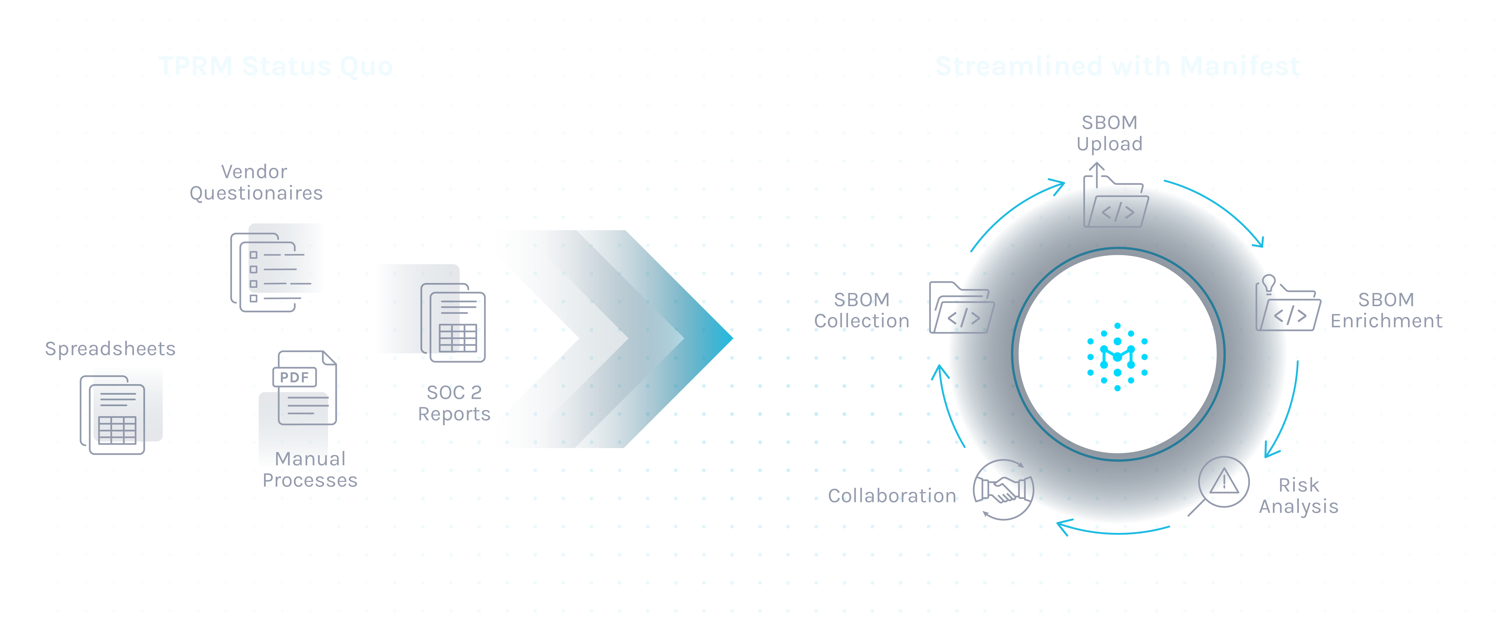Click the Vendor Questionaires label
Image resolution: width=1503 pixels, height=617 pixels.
255,182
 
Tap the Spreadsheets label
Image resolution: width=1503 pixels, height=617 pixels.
110,348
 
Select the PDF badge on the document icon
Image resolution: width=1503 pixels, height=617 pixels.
295,377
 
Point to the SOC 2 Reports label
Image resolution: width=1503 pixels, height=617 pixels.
454,403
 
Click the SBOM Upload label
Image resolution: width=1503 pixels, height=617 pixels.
1109,133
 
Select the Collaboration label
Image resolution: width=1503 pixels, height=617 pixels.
892,496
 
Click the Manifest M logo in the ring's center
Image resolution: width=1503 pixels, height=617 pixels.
1117,356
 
